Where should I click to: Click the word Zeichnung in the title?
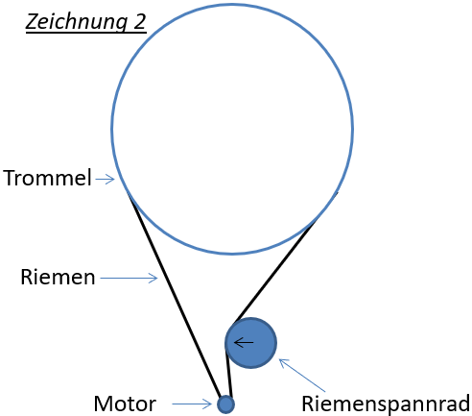71,22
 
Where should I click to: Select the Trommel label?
46,179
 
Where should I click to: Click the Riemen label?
58,278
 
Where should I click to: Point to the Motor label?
125,404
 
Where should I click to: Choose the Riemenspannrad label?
385,404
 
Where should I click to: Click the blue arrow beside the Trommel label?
105,179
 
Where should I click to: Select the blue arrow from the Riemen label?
129,279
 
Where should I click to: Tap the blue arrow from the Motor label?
191,404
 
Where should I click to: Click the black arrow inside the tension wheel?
244,342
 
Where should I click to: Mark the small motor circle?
225,404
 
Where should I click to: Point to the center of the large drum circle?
232,128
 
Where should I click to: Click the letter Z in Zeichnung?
31,22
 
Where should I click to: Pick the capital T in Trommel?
10,179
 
